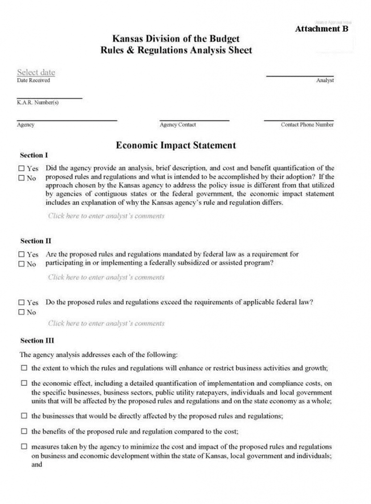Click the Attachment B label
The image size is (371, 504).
click(321, 29)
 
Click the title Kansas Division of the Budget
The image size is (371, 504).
click(176, 39)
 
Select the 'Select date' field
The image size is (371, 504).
click(36, 72)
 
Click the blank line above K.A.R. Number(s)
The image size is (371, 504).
click(49, 98)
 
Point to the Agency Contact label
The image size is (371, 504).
click(178, 125)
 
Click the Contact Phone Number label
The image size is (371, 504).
click(307, 125)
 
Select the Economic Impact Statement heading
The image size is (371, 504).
click(176, 145)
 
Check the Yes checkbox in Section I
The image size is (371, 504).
click(21, 168)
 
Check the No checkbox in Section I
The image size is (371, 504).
click(21, 178)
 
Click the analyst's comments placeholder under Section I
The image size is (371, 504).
click(106, 216)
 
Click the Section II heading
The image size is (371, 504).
click(35, 241)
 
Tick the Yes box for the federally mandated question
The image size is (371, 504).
click(21, 254)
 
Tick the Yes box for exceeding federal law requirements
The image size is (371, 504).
click(21, 302)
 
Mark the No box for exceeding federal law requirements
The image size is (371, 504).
click(21, 312)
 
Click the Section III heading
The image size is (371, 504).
click(37, 340)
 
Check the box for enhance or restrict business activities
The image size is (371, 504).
click(24, 368)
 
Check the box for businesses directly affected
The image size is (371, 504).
click(24, 416)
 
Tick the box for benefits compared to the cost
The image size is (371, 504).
click(24, 431)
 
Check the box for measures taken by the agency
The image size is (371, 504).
click(24, 446)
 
